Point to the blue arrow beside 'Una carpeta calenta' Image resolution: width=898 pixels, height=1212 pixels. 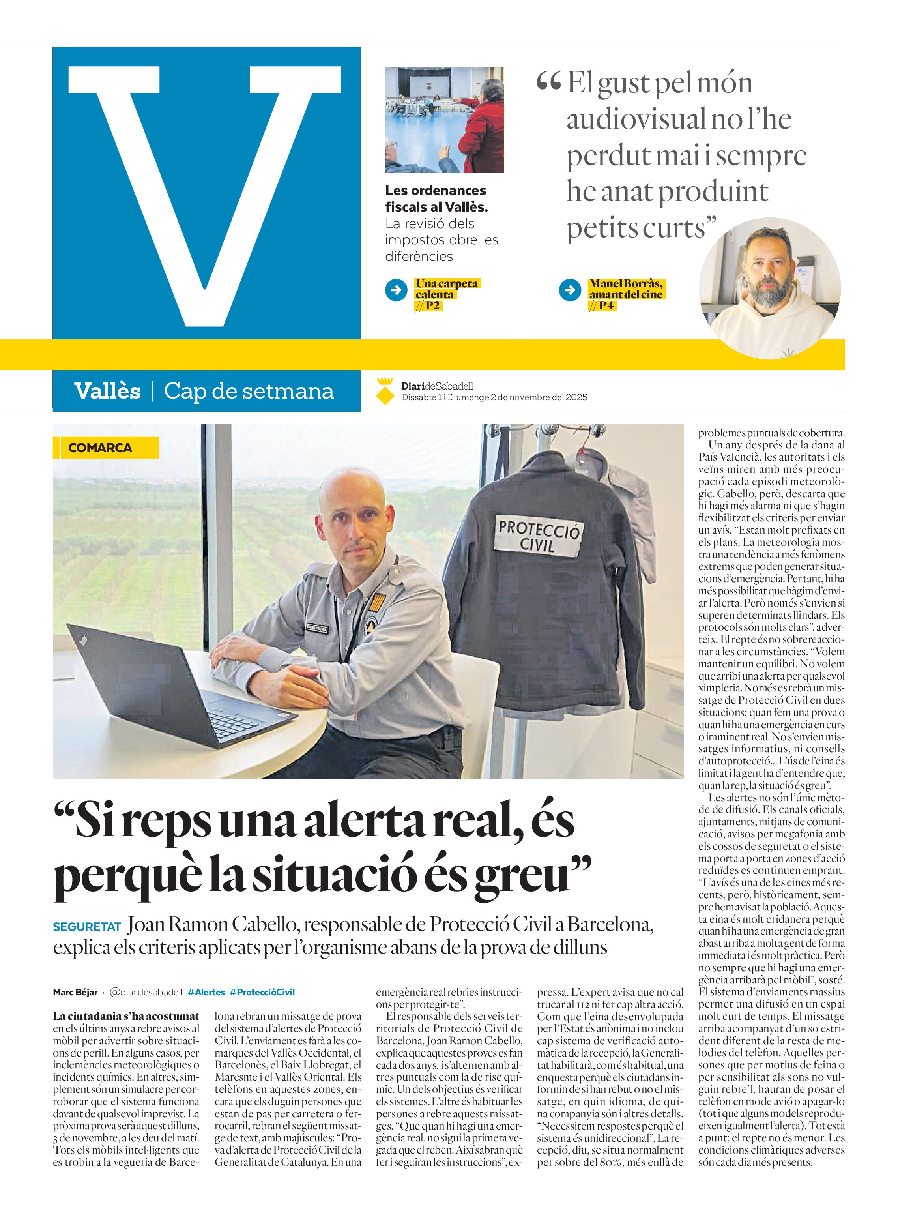pos(396,290)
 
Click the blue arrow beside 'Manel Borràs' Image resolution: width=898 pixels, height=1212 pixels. pos(570,290)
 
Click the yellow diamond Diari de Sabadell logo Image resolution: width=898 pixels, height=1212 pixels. pos(385,391)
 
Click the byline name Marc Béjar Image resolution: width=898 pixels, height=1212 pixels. pos(75,992)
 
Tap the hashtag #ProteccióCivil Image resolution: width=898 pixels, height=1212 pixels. pos(262,992)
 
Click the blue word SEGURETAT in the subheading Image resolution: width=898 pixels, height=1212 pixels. pos(87,927)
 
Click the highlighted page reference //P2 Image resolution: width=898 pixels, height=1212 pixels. pos(428,305)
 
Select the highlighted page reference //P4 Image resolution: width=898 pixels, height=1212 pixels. pos(602,305)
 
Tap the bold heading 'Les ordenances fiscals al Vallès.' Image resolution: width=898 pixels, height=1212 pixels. pos(436,199)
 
